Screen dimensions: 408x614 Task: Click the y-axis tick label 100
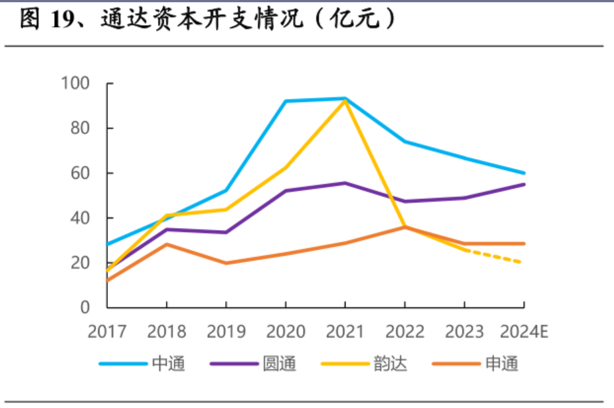click(x=77, y=83)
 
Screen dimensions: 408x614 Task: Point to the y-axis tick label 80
click(x=82, y=128)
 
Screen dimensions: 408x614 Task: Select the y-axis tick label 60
click(x=82, y=173)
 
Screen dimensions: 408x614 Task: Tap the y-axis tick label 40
click(x=82, y=217)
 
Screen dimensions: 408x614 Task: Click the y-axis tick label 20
click(x=82, y=262)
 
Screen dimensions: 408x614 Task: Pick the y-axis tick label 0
click(x=87, y=307)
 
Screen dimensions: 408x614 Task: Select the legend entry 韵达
click(x=390, y=363)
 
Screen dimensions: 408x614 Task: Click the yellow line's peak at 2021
click(x=345, y=101)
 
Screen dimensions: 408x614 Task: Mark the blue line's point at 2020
click(x=286, y=101)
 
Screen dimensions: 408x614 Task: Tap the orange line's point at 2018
click(x=167, y=244)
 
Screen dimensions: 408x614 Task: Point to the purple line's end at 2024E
click(x=524, y=185)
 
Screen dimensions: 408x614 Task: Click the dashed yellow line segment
click(x=494, y=256)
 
